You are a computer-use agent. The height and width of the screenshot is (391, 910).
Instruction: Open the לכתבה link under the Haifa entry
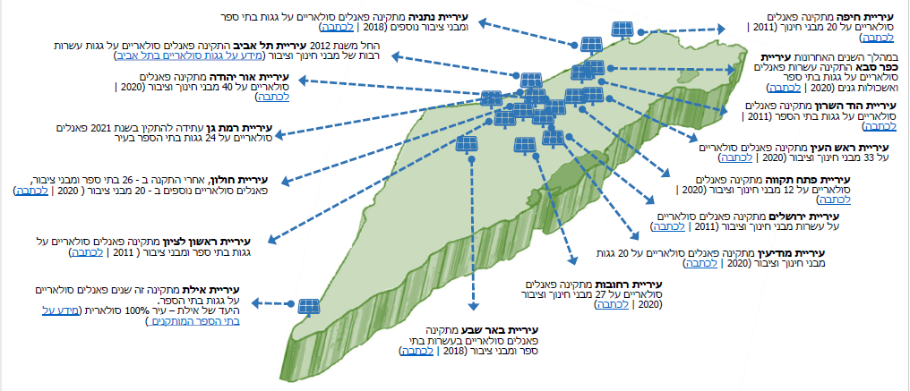click(878, 37)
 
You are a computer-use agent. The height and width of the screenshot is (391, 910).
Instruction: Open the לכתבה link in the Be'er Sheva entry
click(416, 351)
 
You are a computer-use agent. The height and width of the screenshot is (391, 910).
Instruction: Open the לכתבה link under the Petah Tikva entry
click(833, 200)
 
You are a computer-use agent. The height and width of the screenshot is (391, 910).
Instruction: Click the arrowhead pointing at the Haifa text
click(721, 29)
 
